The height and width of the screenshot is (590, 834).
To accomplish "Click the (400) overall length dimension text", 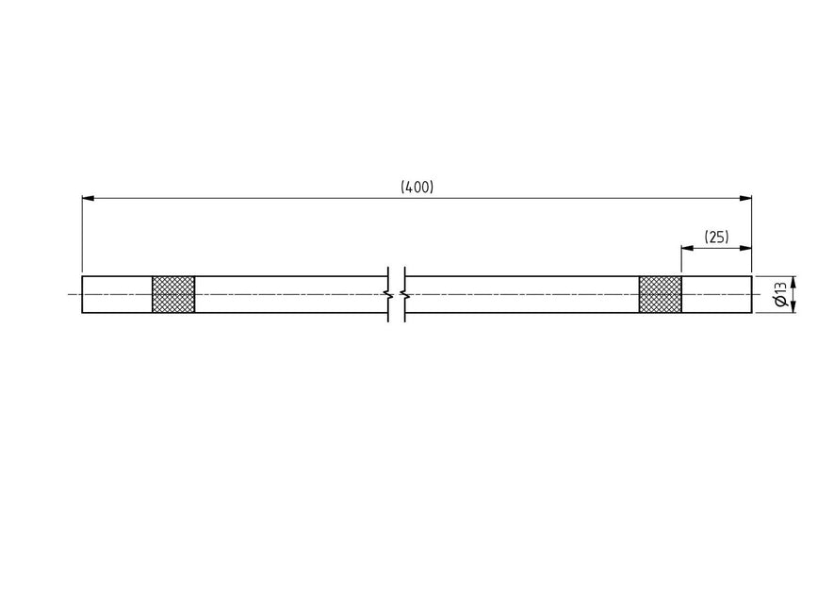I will pos(417,188).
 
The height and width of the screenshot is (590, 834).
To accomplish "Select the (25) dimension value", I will pos(716,238).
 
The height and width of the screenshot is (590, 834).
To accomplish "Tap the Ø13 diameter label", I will pos(780,294).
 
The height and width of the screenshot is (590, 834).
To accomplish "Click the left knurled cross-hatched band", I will pos(173,294).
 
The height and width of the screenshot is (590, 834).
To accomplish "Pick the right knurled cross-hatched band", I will pos(660,294).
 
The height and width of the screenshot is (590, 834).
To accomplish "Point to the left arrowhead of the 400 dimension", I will pos(88,198).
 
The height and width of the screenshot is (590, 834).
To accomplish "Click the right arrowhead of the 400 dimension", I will pos(745,198).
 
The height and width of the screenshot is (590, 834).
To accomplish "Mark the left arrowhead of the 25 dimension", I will pos(687,248).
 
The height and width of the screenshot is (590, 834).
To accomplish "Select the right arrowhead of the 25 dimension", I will pos(745,248).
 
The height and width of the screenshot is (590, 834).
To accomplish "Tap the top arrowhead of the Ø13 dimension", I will pos(793,281).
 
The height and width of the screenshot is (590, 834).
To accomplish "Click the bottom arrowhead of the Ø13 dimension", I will pos(793,307).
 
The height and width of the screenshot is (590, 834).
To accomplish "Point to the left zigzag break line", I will pos(388,294).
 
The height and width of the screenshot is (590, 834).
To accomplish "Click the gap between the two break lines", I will pos(397,294).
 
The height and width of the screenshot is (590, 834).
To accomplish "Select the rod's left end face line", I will pos(82,294).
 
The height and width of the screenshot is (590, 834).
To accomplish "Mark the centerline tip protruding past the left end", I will pos(74,294).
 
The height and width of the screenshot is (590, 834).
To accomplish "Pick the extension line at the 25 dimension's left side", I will pos(681,259).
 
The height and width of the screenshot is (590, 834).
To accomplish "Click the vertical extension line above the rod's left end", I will pos(82,236).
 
